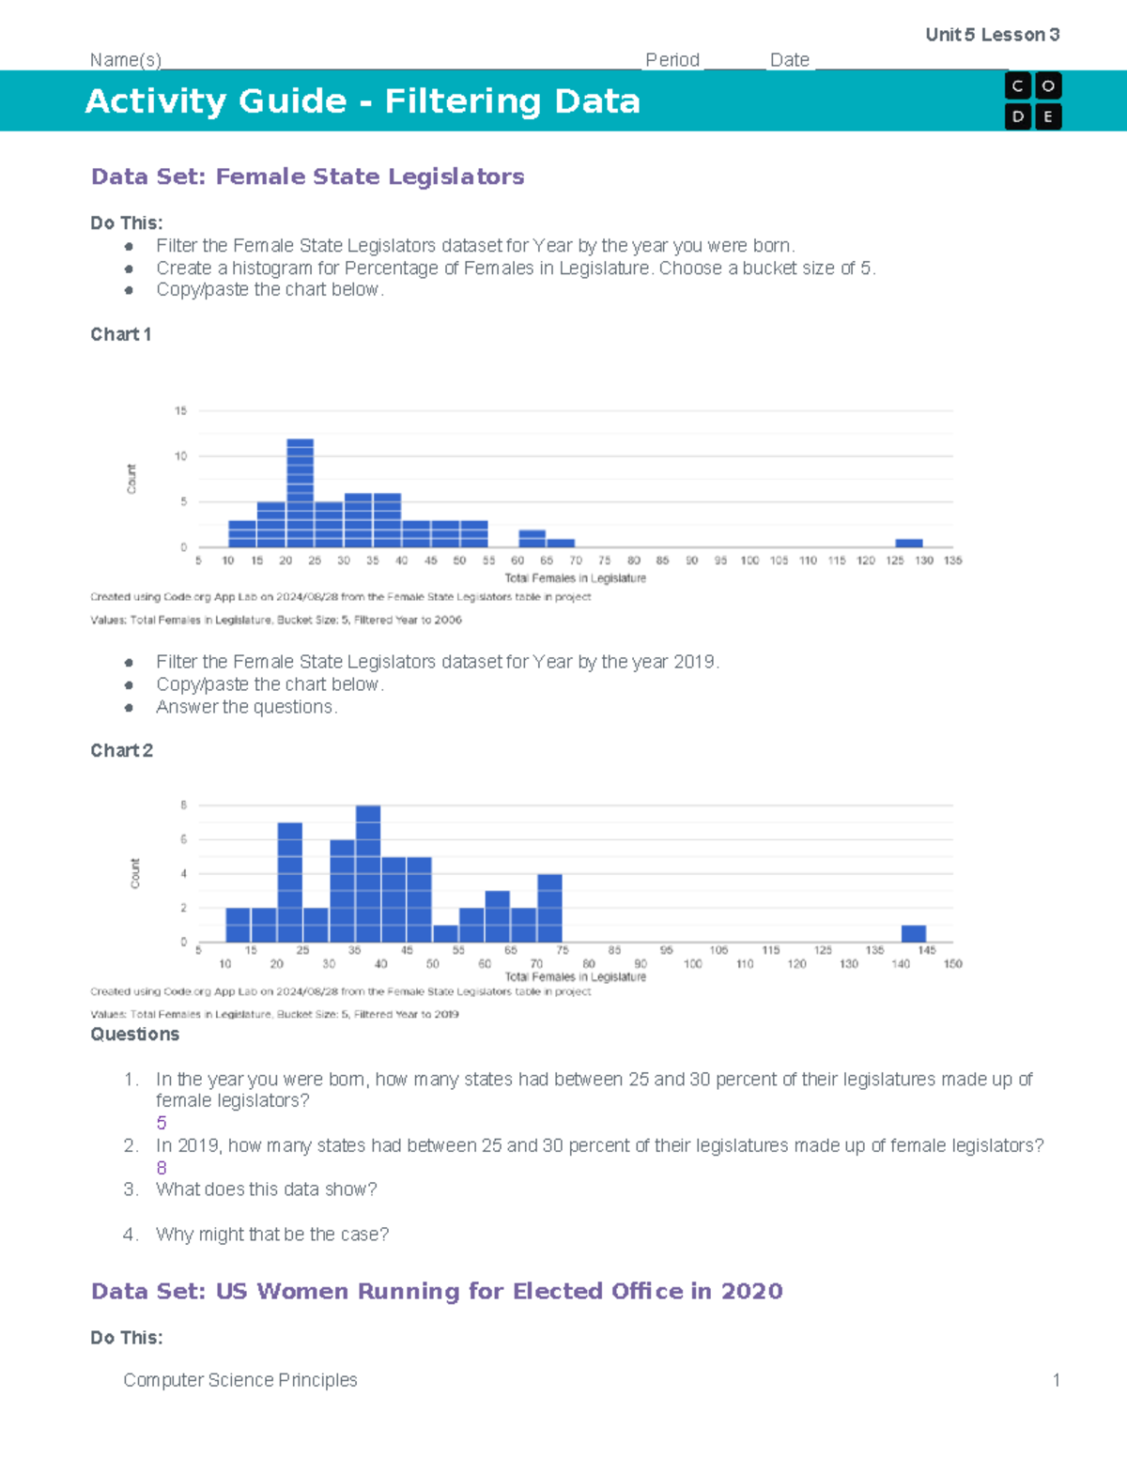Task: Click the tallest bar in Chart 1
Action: click(300, 493)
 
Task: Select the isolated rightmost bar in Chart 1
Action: click(908, 543)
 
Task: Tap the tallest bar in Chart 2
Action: click(368, 873)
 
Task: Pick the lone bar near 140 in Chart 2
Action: click(913, 933)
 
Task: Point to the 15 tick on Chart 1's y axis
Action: click(180, 410)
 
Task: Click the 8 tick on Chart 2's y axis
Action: click(184, 806)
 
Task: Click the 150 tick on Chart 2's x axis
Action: click(952, 963)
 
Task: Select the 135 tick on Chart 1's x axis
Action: click(952, 560)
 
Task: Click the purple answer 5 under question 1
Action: click(162, 1123)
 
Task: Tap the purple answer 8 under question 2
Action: click(162, 1168)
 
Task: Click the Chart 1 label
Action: click(120, 334)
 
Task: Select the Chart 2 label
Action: click(121, 750)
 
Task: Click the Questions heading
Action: click(134, 1034)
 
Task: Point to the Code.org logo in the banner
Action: click(1032, 100)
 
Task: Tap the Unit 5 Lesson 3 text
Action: click(992, 35)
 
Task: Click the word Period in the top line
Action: click(672, 60)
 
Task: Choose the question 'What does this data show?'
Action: click(266, 1189)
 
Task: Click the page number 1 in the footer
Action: click(1056, 1380)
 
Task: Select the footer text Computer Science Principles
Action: click(240, 1380)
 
